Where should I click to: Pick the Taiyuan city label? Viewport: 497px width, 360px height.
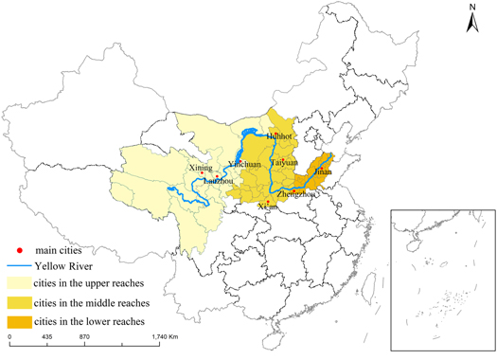pyautogui.click(x=284, y=162)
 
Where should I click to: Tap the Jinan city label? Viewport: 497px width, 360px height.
pyautogui.click(x=324, y=171)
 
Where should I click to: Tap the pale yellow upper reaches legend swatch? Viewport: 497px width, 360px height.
pyautogui.click(x=18, y=283)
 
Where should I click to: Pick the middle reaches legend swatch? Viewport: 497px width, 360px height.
pyautogui.click(x=18, y=302)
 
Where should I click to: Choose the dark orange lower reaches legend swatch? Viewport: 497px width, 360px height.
pyautogui.click(x=18, y=321)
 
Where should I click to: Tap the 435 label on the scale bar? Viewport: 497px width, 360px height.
pyautogui.click(x=46, y=338)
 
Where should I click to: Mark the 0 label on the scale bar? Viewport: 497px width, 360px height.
pyautogui.click(x=9, y=338)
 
